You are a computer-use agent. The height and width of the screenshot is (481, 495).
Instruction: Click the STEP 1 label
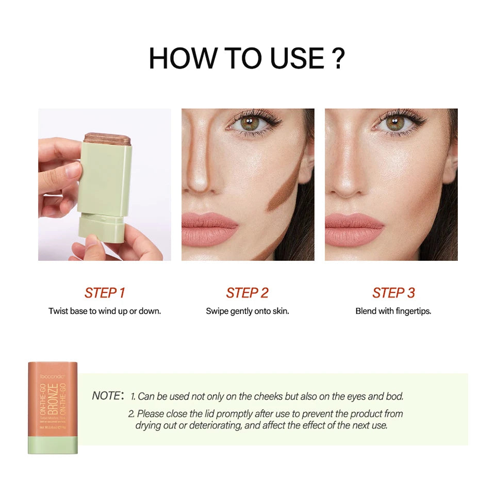(x=105, y=293)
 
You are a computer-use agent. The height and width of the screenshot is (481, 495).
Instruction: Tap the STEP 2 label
(x=247, y=293)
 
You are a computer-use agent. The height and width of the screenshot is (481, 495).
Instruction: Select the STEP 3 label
(x=393, y=293)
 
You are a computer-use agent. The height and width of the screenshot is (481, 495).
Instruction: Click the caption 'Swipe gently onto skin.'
(x=247, y=311)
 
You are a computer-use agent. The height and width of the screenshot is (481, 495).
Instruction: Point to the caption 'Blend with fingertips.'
(x=393, y=311)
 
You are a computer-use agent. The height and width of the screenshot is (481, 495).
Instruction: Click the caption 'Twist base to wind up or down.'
(x=105, y=311)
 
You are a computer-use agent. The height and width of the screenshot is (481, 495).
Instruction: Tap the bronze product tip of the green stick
(x=108, y=138)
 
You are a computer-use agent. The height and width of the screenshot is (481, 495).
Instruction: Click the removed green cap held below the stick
(x=102, y=228)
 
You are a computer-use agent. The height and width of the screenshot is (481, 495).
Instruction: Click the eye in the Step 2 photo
(x=251, y=124)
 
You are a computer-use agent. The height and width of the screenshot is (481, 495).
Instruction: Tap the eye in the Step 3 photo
(x=395, y=124)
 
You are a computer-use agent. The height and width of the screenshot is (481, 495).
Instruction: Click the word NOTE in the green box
(x=106, y=396)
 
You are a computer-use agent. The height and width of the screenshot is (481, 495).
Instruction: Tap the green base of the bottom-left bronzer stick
(x=53, y=444)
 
